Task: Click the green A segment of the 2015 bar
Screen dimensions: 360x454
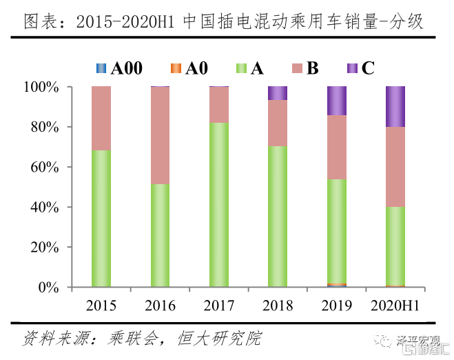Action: coord(101,218)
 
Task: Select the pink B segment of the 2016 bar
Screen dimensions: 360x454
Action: coord(161,135)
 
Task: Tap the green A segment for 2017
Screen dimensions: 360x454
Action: coord(219,204)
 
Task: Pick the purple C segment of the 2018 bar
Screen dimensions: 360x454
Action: coord(278,93)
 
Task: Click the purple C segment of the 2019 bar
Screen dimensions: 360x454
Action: coord(337,101)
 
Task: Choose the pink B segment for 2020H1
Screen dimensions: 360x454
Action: coord(395,166)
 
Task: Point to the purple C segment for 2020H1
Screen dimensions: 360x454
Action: coord(395,107)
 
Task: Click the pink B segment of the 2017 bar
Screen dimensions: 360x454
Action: coord(219,104)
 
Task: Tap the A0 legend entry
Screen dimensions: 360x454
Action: coord(188,68)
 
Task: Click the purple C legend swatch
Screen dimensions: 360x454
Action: coord(351,68)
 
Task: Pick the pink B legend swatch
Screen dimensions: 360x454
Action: coord(297,68)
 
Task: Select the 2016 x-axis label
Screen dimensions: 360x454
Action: coord(161,305)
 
